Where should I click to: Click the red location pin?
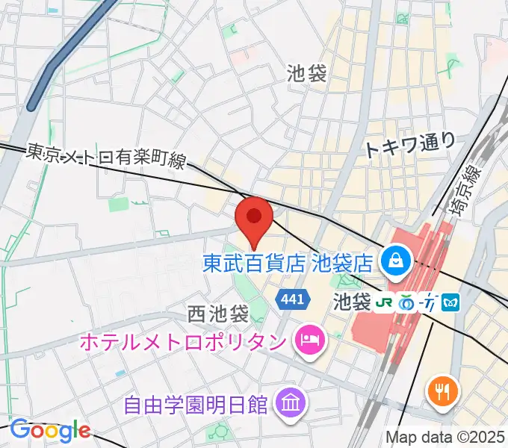tap(253, 218)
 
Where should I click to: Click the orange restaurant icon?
tap(442, 391)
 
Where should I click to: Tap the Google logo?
tap(50, 430)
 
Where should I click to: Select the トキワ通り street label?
tap(409, 144)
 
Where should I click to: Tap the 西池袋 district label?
tap(217, 314)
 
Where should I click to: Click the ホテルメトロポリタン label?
tap(182, 342)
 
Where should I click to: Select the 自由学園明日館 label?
tap(195, 405)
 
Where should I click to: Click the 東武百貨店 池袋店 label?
tap(288, 262)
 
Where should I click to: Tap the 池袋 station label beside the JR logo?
tap(351, 302)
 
